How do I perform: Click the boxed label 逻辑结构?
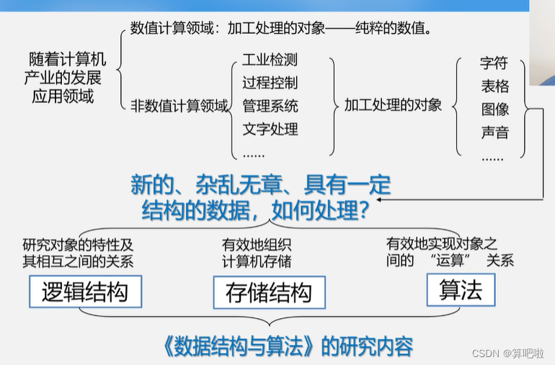pyautogui.click(x=85, y=292)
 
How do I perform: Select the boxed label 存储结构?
pyautogui.click(x=269, y=292)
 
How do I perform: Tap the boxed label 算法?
pyautogui.click(x=459, y=290)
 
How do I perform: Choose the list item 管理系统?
pyautogui.click(x=270, y=106)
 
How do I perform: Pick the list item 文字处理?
pyautogui.click(x=270, y=130)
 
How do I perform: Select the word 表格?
pyautogui.click(x=494, y=86)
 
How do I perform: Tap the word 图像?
pyautogui.click(x=494, y=109)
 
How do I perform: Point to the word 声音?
pyautogui.click(x=494, y=132)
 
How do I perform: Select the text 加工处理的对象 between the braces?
pyautogui.click(x=393, y=105)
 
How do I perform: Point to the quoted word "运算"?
pyautogui.click(x=450, y=260)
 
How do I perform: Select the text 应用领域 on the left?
pyautogui.click(x=63, y=97)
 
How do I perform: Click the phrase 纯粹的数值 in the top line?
pyautogui.click(x=388, y=30)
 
